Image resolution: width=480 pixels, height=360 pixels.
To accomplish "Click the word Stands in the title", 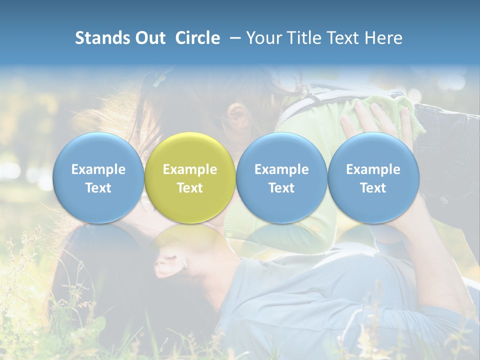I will [x=98, y=38].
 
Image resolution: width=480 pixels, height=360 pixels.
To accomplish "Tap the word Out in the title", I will [x=148, y=38].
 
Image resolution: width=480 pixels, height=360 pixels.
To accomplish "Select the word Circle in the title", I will [x=197, y=38].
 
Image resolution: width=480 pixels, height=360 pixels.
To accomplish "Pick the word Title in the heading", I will [x=300, y=38].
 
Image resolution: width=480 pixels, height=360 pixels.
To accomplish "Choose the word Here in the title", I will [x=383, y=38].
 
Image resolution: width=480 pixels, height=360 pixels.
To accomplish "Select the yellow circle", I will [x=189, y=177].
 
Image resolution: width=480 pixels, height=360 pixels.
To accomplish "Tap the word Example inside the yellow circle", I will [x=189, y=169].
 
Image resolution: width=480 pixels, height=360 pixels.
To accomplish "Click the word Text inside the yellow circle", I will [x=189, y=188].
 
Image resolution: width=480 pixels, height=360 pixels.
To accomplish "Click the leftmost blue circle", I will [x=98, y=177].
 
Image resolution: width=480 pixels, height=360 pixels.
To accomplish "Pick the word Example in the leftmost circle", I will [x=98, y=169].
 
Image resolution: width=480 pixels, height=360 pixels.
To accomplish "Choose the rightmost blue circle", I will [x=373, y=177].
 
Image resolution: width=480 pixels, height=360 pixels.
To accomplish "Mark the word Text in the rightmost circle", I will [x=373, y=188].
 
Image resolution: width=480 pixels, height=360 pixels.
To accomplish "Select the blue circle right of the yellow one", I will [x=281, y=177].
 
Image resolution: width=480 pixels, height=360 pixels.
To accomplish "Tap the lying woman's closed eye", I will [x=170, y=258].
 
